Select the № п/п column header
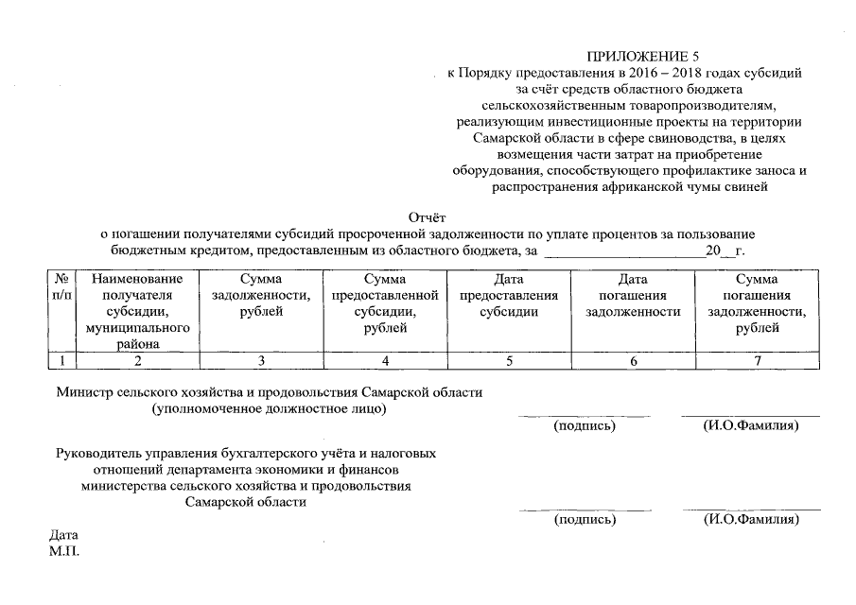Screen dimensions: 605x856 61,287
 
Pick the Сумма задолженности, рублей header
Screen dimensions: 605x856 261,296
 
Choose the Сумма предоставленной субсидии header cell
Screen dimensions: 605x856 385,303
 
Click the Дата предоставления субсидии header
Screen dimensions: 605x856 509,296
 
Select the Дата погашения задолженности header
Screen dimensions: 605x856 633,296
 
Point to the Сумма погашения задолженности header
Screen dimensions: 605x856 757,303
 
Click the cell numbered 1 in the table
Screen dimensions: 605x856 61,360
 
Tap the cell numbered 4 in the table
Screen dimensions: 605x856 385,360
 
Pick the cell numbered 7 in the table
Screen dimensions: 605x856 757,360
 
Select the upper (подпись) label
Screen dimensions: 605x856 585,426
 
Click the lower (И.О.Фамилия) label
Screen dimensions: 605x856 751,520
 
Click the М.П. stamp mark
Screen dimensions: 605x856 64,550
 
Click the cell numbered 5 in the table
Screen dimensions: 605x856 509,360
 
